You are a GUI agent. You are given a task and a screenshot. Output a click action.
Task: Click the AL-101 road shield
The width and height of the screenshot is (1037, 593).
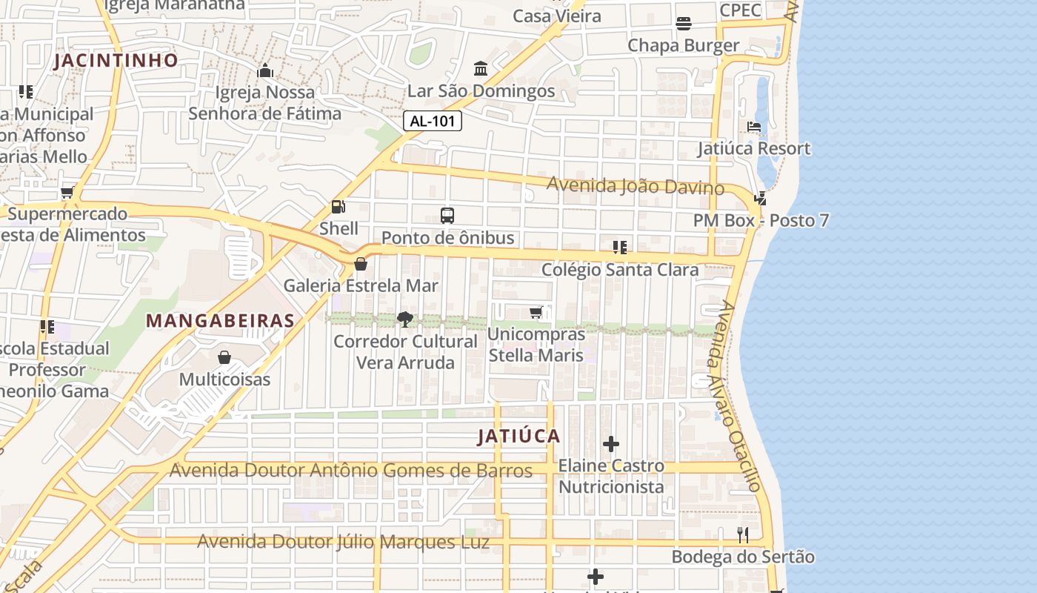433,122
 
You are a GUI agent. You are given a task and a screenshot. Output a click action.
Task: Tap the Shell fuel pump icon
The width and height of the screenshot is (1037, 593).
338,208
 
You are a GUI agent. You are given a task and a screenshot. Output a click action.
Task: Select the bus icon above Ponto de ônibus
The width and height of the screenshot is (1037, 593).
447,216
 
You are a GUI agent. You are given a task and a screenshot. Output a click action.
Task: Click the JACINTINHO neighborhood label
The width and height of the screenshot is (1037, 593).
116,61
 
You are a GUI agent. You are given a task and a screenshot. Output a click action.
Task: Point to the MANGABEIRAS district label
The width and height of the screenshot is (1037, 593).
220,321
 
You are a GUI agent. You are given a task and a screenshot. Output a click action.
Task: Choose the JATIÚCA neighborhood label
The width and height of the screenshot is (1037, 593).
518,437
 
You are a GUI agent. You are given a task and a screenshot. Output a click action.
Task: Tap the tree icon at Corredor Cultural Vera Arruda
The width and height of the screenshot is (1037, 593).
404,319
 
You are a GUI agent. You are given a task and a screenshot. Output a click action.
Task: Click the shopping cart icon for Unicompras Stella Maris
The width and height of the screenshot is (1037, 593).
536,313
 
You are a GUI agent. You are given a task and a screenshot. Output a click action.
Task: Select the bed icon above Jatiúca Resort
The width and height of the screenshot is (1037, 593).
754,127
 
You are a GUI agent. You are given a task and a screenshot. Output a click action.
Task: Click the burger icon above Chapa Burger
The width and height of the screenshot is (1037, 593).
683,24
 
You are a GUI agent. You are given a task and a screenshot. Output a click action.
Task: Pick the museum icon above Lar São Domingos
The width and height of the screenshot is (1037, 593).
481,69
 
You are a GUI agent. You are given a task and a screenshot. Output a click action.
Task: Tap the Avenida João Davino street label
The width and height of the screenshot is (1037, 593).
636,186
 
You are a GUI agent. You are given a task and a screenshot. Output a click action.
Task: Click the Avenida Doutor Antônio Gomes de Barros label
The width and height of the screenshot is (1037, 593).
351,471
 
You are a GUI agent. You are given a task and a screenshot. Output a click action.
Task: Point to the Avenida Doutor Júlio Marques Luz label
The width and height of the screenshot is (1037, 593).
343,542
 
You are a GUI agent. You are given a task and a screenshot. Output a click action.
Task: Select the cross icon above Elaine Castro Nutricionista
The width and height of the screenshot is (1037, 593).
611,444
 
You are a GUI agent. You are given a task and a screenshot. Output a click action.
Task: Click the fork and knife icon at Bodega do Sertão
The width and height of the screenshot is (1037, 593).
743,534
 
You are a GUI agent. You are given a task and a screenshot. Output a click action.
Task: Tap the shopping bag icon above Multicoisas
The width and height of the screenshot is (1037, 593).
224,358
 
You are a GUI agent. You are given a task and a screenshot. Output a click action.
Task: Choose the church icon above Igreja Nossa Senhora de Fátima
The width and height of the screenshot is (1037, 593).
264,71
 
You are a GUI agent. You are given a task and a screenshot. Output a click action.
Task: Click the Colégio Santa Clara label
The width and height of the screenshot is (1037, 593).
620,270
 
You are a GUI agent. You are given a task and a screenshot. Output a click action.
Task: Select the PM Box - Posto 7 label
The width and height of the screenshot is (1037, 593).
761,221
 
